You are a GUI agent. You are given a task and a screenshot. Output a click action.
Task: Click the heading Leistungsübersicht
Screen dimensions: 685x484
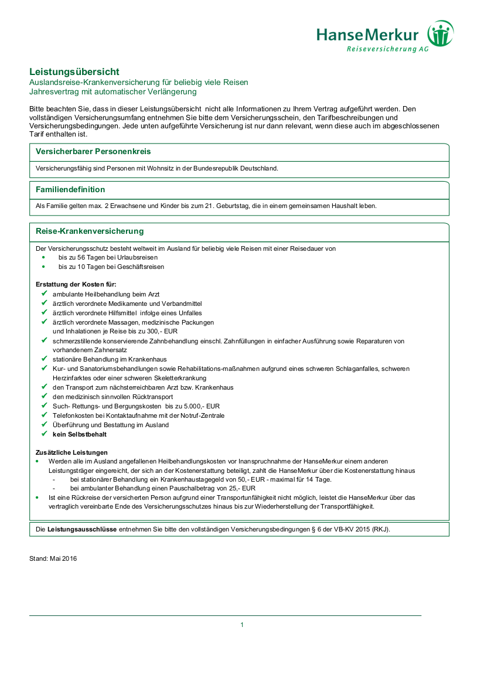[74, 71]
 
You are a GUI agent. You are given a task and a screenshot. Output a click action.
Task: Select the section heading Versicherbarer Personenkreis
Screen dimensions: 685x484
[93, 151]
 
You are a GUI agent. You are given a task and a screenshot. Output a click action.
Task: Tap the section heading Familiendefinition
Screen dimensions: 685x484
[70, 189]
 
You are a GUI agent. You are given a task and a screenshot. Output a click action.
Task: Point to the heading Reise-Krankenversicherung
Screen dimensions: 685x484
[90, 231]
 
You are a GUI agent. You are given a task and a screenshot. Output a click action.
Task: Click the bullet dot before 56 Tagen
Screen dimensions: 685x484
[43, 257]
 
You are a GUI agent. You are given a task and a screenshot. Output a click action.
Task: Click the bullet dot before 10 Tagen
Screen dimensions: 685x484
[43, 267]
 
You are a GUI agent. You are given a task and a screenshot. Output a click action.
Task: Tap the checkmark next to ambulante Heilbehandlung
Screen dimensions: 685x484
[44, 294]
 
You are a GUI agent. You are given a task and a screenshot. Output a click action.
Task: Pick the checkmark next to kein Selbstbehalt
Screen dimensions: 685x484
[44, 434]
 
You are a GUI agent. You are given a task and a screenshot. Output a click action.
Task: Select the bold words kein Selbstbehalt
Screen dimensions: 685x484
[80, 434]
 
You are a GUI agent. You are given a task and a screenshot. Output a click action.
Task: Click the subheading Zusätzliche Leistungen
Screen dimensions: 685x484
[72, 452]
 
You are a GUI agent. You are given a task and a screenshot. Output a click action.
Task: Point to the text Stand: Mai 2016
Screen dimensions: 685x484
[53, 558]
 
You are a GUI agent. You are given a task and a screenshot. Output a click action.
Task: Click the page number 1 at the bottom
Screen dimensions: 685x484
[242, 625]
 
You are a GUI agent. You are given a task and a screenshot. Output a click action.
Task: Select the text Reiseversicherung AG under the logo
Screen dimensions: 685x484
[387, 49]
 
